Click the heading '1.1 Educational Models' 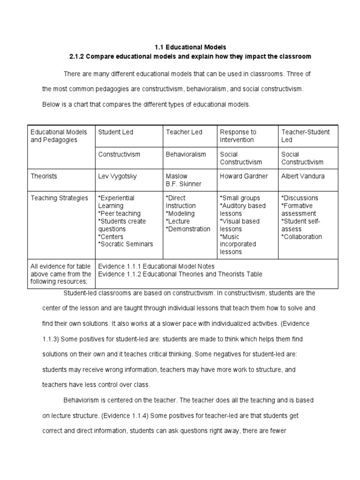(x=190, y=47)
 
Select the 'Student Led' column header (x=115, y=132)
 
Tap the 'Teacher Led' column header (x=184, y=132)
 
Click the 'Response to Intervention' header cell (x=238, y=136)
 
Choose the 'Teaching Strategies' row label (x=59, y=198)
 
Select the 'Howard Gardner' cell (x=243, y=176)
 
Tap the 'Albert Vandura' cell (x=303, y=176)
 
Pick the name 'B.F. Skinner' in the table (x=183, y=184)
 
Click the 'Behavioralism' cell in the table (x=186, y=154)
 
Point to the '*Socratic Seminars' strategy (x=125, y=244)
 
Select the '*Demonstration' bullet (x=187, y=229)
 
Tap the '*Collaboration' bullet (x=301, y=237)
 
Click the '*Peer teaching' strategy (x=119, y=213)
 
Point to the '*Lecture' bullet (x=178, y=221)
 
